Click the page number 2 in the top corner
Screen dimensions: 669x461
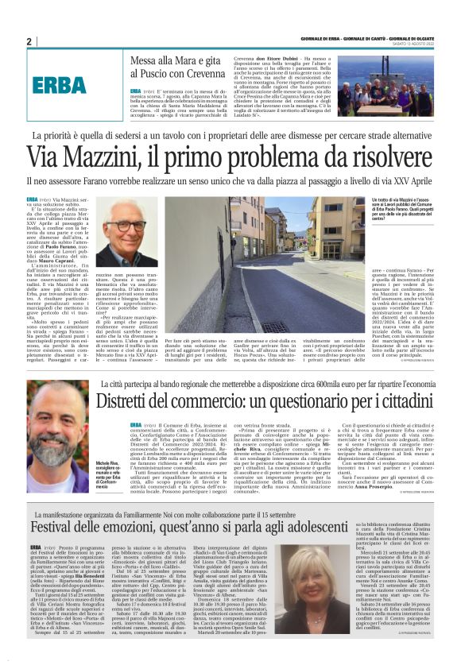(x=29, y=41)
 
